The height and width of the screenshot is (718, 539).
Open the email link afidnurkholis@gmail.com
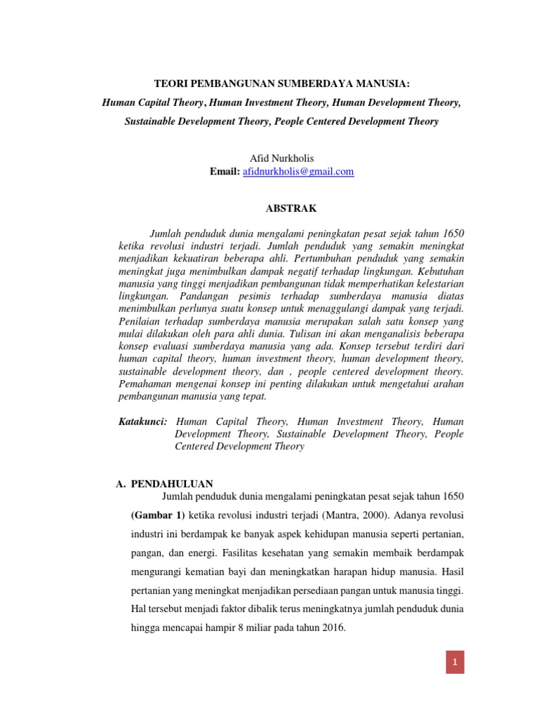(x=298, y=171)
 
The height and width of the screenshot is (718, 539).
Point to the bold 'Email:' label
(x=224, y=171)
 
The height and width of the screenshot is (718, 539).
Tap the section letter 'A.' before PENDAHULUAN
(x=120, y=484)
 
